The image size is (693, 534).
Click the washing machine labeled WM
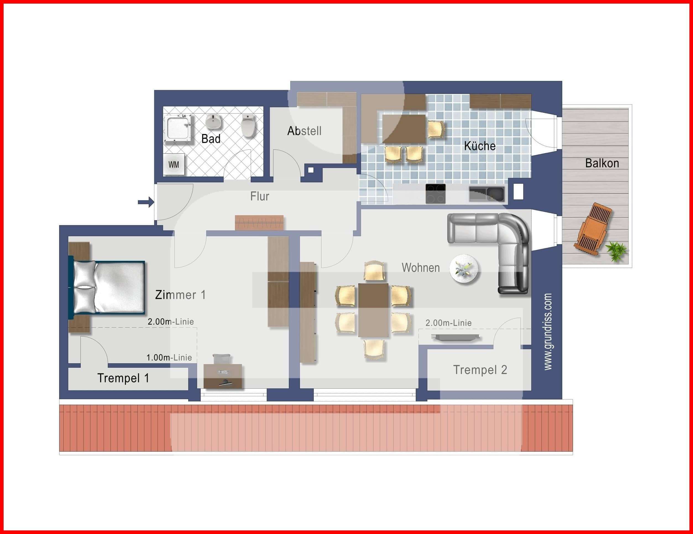coord(174,165)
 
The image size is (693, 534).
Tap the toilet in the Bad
coord(248,126)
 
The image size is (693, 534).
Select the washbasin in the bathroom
coord(214,122)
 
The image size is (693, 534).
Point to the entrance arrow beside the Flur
coord(146,202)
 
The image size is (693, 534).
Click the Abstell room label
coord(304,131)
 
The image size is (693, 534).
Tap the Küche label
coord(479,146)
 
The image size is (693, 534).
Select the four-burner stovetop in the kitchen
coord(435,193)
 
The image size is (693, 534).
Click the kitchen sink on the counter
coord(487,194)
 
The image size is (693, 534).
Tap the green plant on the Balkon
coord(616,251)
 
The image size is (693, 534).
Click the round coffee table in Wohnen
coord(464,269)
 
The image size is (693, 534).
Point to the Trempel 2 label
coord(480,370)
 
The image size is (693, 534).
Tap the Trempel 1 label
coord(123,378)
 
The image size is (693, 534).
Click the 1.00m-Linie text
coord(169,358)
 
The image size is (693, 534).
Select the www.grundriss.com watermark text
coord(548,332)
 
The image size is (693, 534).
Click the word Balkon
coord(602,163)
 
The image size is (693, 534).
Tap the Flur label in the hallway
coord(260,196)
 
